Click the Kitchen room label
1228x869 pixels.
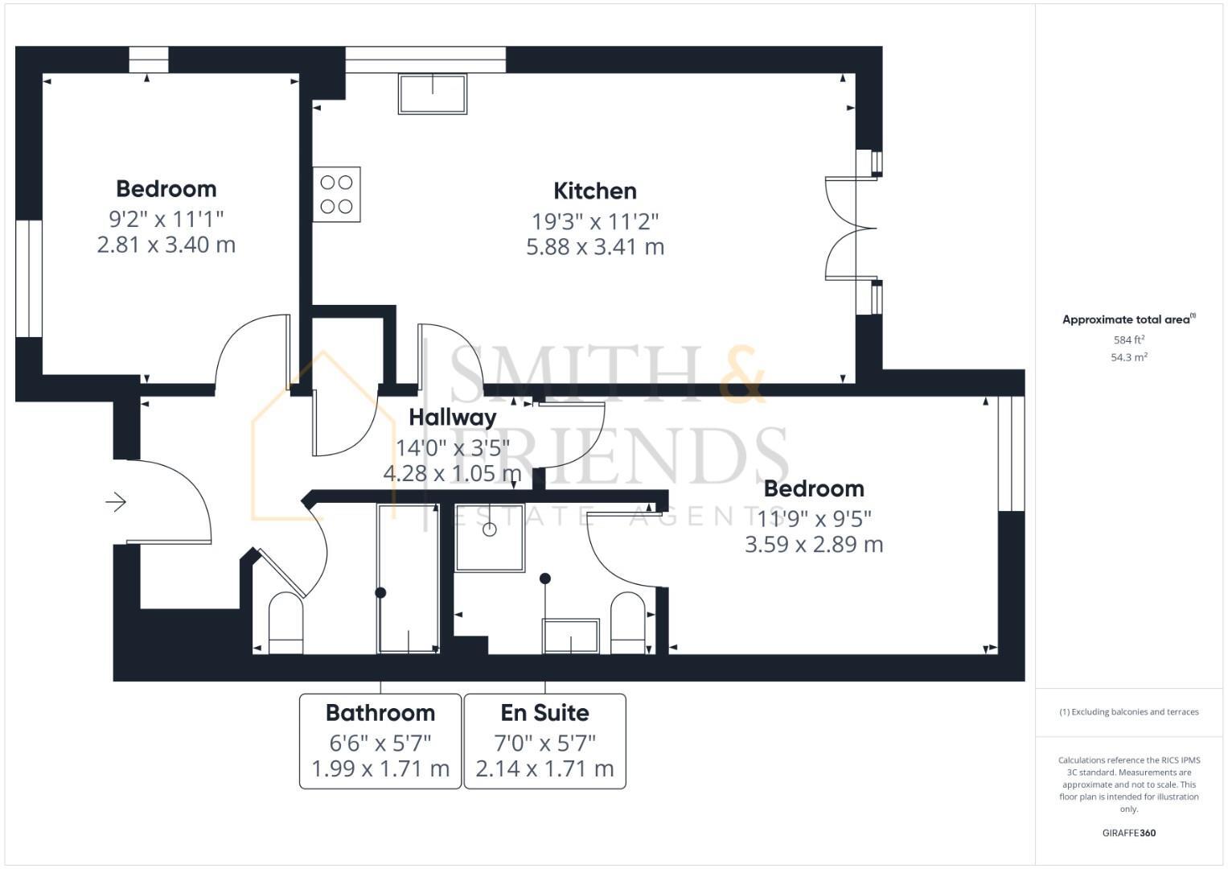[x=595, y=191]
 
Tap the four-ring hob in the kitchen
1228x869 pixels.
[x=336, y=195]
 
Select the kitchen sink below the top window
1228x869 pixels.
[x=433, y=93]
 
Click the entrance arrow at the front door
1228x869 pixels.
[x=116, y=502]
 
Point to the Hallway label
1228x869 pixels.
[x=452, y=417]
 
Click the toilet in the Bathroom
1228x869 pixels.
[x=285, y=623]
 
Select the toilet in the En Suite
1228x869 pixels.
[x=628, y=623]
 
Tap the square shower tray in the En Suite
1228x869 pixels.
[x=490, y=537]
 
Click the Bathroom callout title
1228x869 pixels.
[x=380, y=713]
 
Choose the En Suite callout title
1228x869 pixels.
[x=544, y=713]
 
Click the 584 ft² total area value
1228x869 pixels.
[x=1129, y=340]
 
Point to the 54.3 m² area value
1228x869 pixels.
[x=1129, y=357]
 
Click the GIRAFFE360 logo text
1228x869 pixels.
[x=1129, y=833]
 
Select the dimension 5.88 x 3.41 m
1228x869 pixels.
[x=595, y=246]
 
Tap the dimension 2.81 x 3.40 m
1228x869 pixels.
[x=166, y=244]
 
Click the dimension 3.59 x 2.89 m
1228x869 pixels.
[x=814, y=544]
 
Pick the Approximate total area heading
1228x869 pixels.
[x=1127, y=319]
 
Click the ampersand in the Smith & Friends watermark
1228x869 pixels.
[x=741, y=375]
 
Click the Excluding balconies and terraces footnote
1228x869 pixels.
[x=1129, y=712]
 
